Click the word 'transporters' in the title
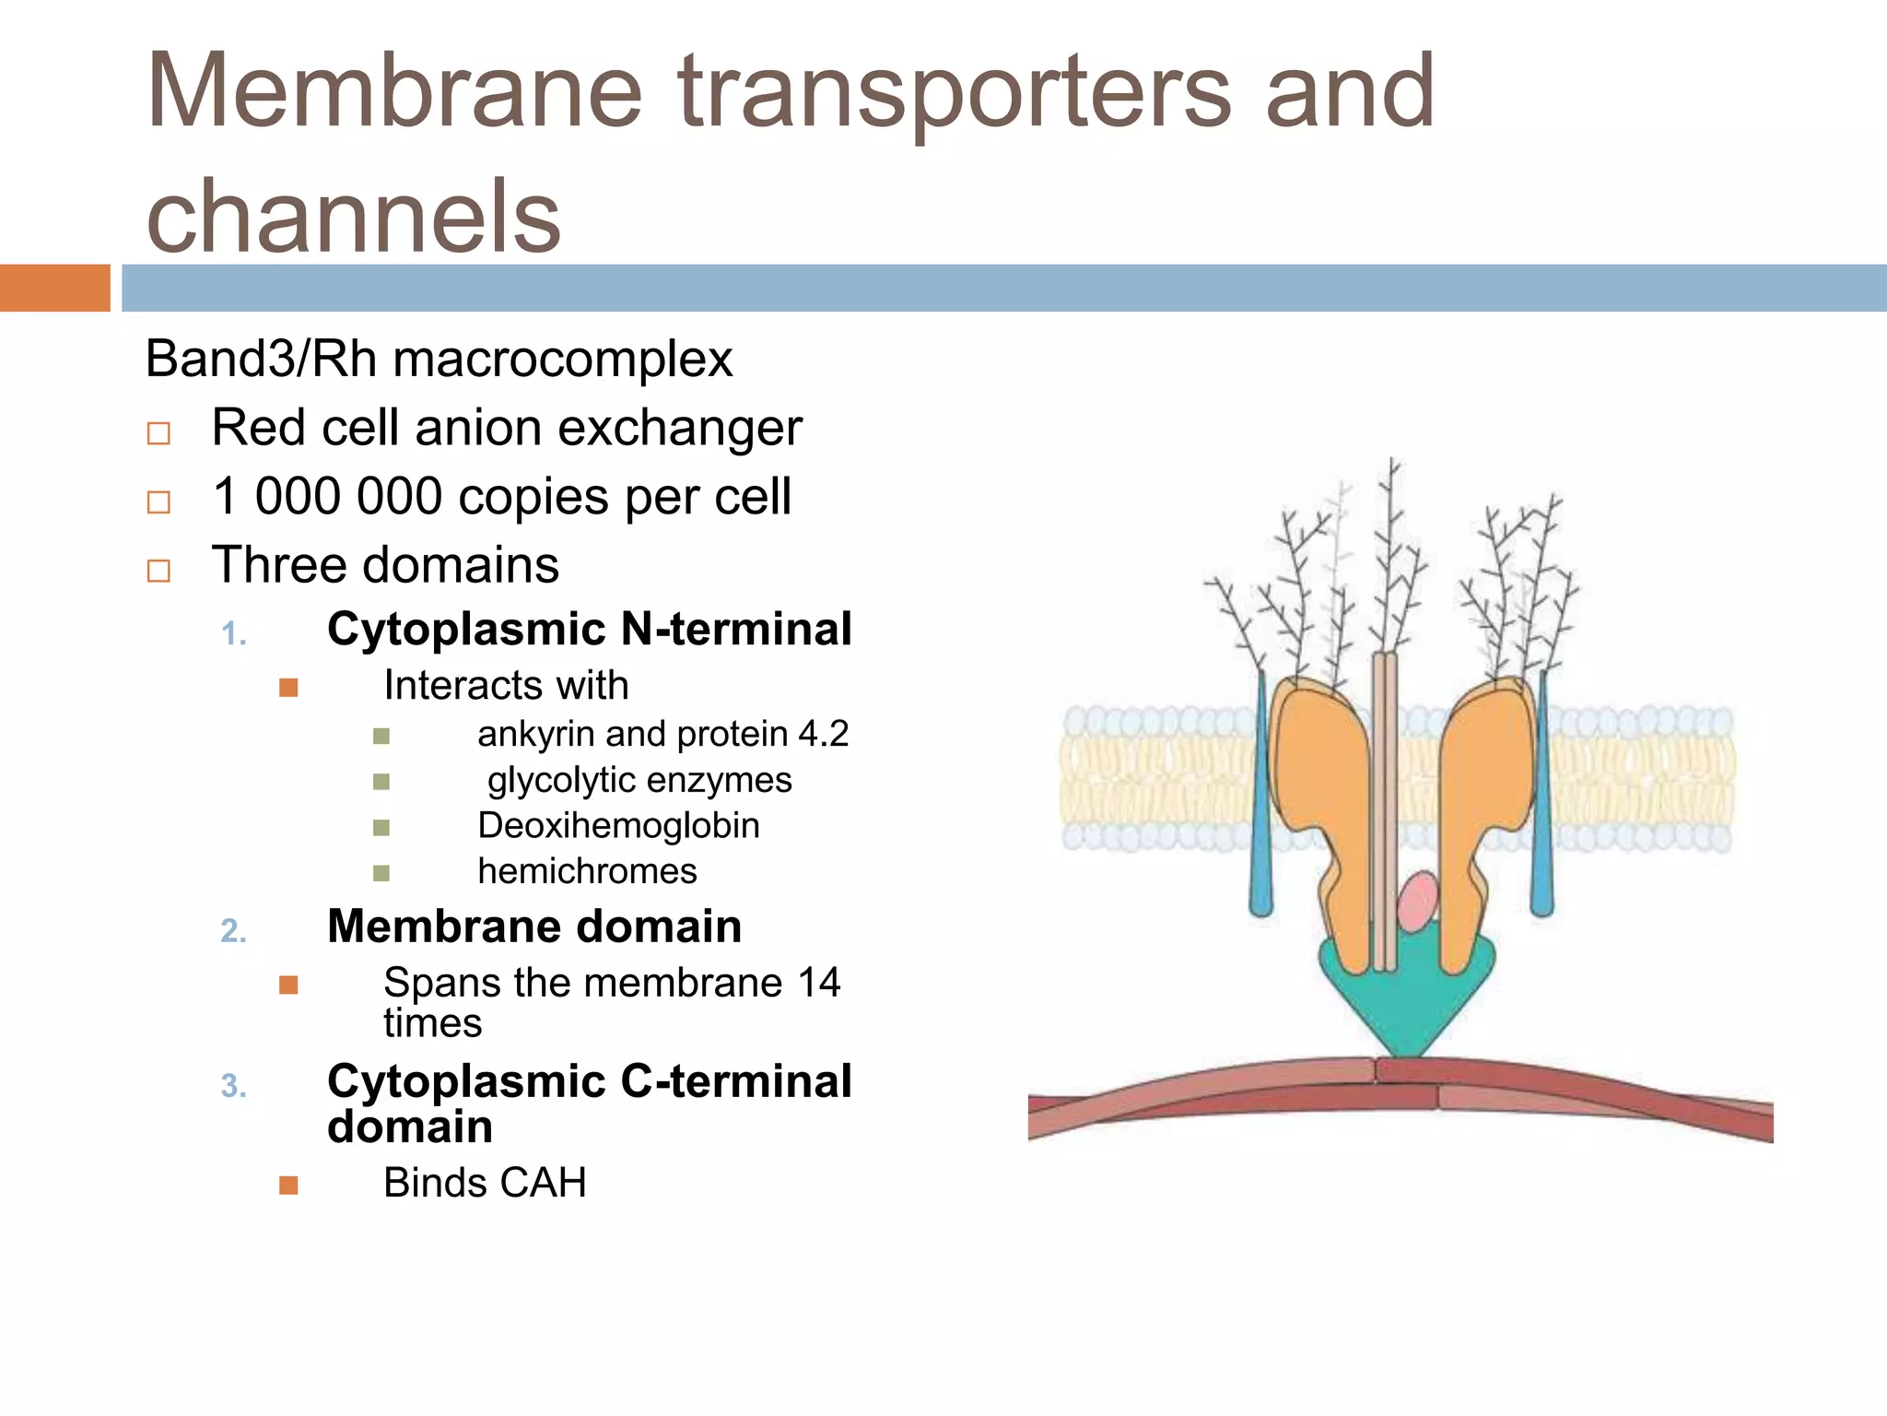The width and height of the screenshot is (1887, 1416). tap(954, 92)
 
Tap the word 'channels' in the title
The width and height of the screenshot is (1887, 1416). tap(354, 216)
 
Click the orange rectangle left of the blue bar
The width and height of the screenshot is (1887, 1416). tap(54, 288)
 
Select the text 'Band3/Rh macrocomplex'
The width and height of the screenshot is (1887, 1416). tap(439, 359)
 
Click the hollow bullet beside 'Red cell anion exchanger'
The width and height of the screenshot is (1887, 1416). tap(158, 433)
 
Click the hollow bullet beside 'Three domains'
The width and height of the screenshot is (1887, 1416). tap(158, 571)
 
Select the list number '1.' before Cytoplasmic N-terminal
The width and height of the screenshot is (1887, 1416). tap(234, 634)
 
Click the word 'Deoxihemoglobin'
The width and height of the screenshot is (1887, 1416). tap(618, 825)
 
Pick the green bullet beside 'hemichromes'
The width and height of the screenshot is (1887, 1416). tap(381, 873)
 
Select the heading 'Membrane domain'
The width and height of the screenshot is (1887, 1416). tap(534, 926)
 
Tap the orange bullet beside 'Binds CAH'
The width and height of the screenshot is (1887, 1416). tap(288, 1185)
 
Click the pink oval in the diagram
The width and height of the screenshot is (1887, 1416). tap(1418, 902)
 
